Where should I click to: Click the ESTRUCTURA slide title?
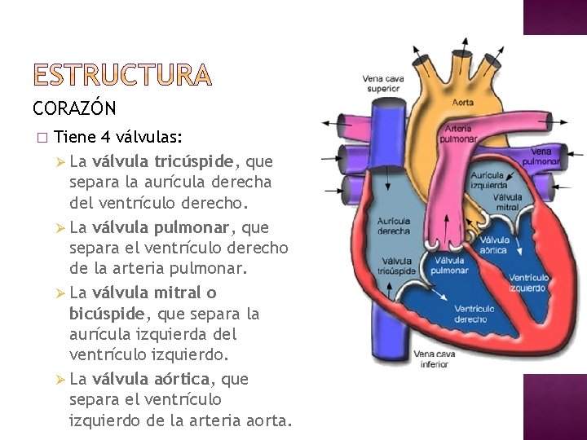122,77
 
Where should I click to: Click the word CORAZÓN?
75,108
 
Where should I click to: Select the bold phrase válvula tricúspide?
163,161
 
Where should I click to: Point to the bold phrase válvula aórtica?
152,379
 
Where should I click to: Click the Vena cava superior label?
383,83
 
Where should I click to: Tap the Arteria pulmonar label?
461,134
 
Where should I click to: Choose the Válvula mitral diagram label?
507,202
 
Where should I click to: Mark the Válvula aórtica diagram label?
494,245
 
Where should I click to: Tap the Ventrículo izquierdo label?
529,283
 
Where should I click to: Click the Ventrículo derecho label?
474,314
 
